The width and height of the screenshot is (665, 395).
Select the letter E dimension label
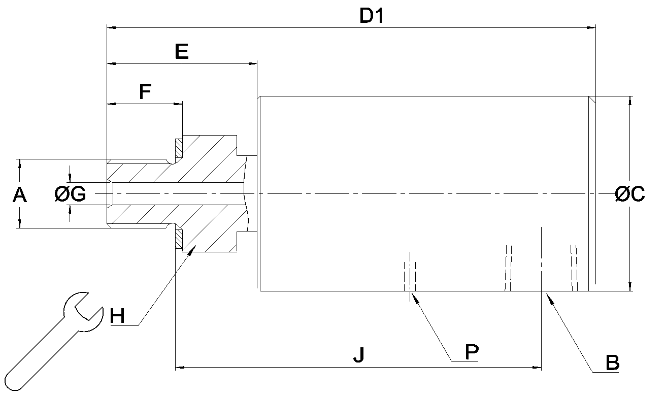(x=182, y=51)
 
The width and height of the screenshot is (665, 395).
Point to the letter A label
(x=20, y=195)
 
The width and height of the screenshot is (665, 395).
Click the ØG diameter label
(x=71, y=194)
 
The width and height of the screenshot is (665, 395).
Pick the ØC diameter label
(x=629, y=194)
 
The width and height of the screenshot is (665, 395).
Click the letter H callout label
(x=117, y=316)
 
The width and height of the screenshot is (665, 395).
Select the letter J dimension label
(x=359, y=355)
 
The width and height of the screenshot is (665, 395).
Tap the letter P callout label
(x=472, y=352)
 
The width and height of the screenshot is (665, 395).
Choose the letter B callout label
(x=613, y=363)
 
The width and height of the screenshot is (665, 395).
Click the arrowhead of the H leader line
(x=191, y=249)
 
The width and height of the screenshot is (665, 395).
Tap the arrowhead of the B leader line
(x=550, y=299)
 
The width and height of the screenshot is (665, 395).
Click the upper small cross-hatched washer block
(x=179, y=148)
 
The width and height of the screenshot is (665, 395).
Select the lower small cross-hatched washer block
(x=179, y=239)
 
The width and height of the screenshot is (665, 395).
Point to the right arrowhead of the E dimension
(x=252, y=63)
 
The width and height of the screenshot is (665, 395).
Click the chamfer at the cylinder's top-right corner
(x=592, y=100)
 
